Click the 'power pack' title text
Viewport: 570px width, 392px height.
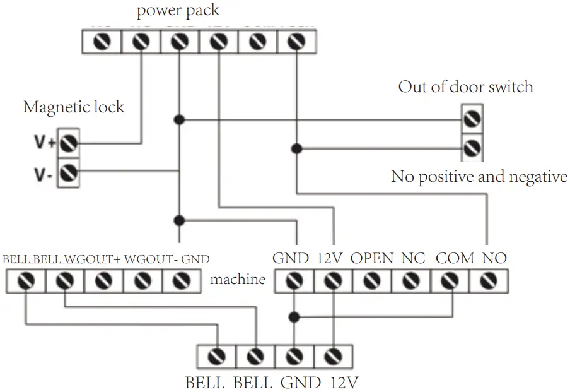point(178,10)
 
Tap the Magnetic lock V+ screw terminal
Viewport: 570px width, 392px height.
point(69,143)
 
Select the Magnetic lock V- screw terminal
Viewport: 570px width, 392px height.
point(69,172)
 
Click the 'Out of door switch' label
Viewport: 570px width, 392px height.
point(465,86)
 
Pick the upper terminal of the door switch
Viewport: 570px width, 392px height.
point(472,119)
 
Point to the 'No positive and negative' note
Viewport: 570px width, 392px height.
point(479,177)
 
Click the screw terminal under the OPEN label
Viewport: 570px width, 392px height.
point(372,280)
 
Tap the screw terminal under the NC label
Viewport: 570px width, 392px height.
point(411,280)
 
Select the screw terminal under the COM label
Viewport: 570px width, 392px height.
point(450,280)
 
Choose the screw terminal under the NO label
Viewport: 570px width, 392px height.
point(489,280)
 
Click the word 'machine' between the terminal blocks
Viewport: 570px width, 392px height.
point(238,279)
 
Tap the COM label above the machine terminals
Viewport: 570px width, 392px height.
point(455,258)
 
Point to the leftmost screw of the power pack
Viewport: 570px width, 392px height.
point(103,42)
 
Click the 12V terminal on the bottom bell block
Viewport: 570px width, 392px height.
point(332,357)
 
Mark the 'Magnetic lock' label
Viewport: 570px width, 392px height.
point(74,107)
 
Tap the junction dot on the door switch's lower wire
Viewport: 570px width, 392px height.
point(296,149)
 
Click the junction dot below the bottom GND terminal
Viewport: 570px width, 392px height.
point(294,316)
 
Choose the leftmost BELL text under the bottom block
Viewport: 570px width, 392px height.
point(204,383)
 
